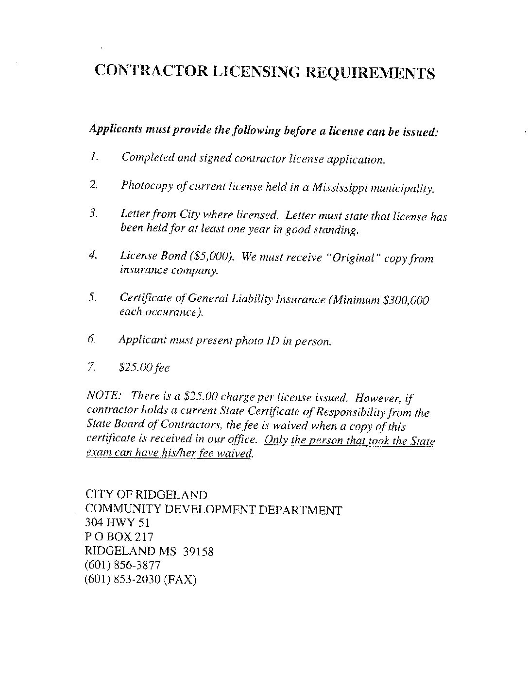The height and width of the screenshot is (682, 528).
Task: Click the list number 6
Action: [x=92, y=340]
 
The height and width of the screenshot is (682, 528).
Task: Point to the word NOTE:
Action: [x=101, y=395]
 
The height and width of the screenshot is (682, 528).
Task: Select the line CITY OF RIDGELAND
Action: [x=146, y=495]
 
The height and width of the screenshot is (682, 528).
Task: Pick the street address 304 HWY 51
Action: [x=117, y=523]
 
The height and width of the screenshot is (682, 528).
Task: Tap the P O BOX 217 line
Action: [x=119, y=537]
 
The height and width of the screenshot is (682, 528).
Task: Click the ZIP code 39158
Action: [x=198, y=552]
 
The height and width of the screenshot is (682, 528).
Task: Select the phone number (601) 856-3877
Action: [x=122, y=566]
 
